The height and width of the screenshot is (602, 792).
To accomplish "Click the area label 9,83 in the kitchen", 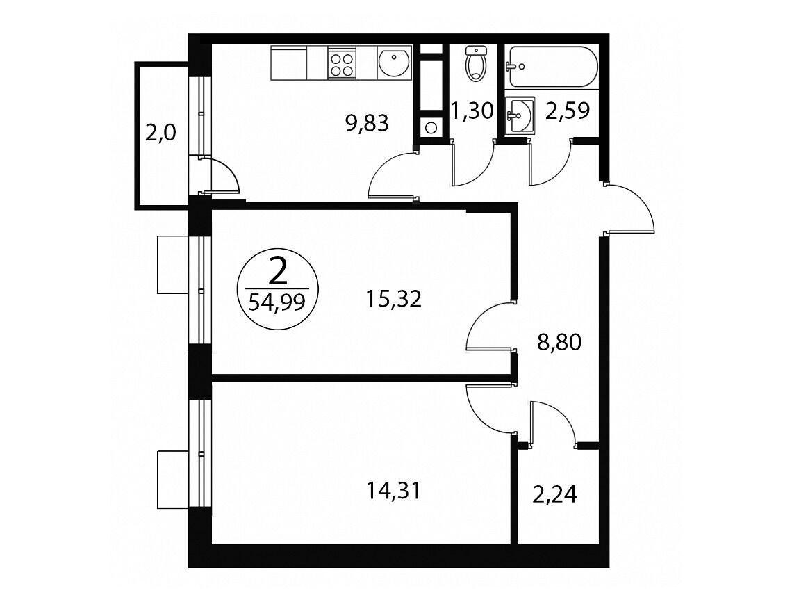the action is pyautogui.click(x=368, y=123).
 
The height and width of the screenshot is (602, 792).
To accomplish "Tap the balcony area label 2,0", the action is pyautogui.click(x=160, y=133).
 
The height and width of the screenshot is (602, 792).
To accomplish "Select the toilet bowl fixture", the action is pyautogui.click(x=475, y=64).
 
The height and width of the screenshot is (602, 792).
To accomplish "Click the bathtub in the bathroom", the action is pyautogui.click(x=552, y=67).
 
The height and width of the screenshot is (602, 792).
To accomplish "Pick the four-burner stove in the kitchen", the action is pyautogui.click(x=342, y=63).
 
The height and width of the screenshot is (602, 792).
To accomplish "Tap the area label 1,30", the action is pyautogui.click(x=472, y=111).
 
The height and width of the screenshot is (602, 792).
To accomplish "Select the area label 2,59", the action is pyautogui.click(x=567, y=111).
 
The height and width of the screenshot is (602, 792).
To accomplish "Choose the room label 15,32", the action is pyautogui.click(x=393, y=299).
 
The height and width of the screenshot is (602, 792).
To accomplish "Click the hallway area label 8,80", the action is pyautogui.click(x=559, y=343).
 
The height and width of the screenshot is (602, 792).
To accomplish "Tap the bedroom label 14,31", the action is pyautogui.click(x=393, y=490).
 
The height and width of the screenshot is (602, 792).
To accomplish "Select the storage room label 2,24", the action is pyautogui.click(x=554, y=494).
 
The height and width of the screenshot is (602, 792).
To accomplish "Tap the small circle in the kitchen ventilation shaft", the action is pyautogui.click(x=430, y=127).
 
